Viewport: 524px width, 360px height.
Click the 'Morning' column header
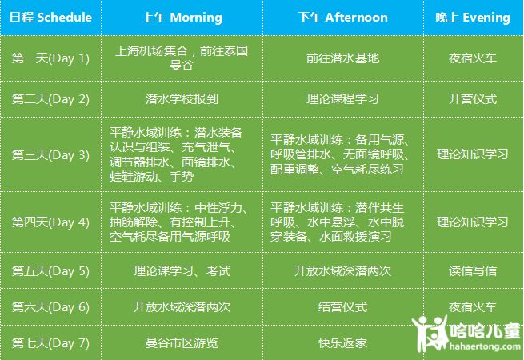click(x=182, y=18)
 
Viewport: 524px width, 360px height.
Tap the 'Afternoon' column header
click(x=343, y=18)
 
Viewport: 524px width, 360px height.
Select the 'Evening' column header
click(x=473, y=18)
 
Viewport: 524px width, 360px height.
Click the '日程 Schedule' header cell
click(x=50, y=18)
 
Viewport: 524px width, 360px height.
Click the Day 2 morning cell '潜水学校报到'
click(x=182, y=99)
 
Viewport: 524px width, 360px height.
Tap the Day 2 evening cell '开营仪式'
click(x=473, y=99)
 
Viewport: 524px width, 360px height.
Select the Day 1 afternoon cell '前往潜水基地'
click(x=343, y=58)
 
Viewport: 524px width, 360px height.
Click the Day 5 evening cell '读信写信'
click(x=473, y=270)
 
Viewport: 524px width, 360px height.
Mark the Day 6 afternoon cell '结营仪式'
click(x=343, y=307)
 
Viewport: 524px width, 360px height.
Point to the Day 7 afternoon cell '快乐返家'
click(x=343, y=343)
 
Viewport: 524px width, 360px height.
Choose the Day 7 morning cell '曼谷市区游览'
click(x=182, y=343)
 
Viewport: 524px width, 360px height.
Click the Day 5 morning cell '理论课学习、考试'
click(x=182, y=270)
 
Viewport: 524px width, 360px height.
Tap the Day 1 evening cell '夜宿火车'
click(x=473, y=58)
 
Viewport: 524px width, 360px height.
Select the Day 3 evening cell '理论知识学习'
click(x=473, y=154)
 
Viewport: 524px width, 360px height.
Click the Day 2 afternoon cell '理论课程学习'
click(x=343, y=99)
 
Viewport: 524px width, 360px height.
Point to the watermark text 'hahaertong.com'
click(x=485, y=346)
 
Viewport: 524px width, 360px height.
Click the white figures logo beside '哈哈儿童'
click(x=430, y=333)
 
